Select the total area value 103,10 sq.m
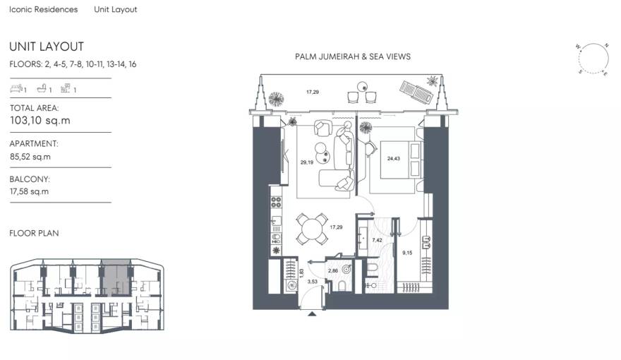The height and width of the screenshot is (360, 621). (x=40, y=121)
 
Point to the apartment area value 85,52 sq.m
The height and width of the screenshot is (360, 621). (x=30, y=157)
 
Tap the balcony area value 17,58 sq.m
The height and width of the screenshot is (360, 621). (x=30, y=191)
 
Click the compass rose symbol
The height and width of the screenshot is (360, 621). (x=593, y=58)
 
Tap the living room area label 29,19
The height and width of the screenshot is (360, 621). (x=306, y=162)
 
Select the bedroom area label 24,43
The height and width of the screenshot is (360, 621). (x=393, y=158)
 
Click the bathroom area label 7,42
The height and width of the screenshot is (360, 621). (x=376, y=240)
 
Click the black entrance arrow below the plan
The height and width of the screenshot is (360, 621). (x=311, y=317)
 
